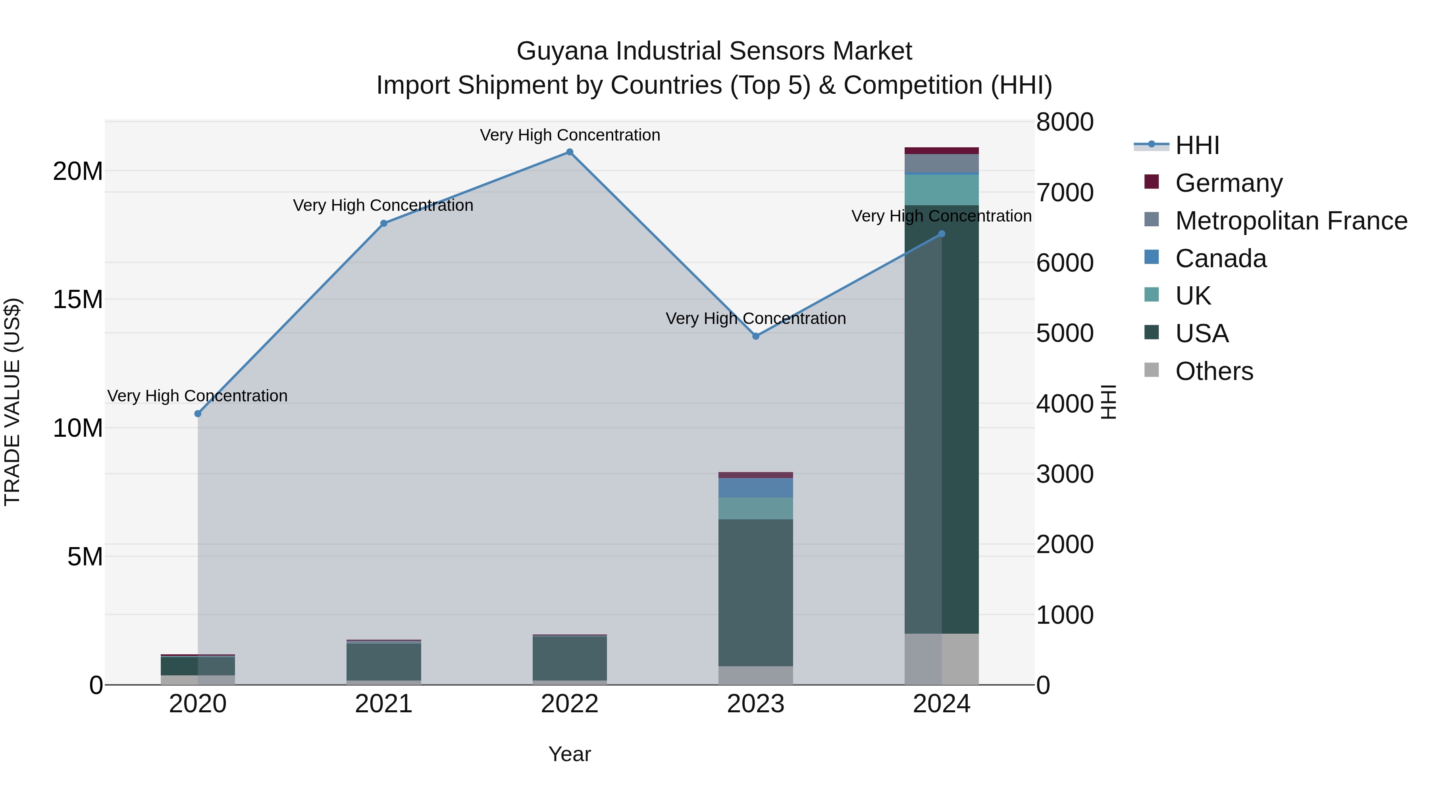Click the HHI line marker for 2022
(570, 152)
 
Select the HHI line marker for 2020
(198, 413)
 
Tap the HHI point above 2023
(755, 336)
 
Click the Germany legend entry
(1228, 183)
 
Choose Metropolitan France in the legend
(1291, 221)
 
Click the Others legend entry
(1214, 371)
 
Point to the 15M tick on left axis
(78, 300)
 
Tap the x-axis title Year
(570, 755)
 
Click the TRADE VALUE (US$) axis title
(12, 402)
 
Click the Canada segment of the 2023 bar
(755, 488)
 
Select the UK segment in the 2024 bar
(942, 190)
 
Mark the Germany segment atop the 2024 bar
(942, 151)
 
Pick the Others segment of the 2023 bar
(755, 675)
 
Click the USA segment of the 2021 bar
(383, 661)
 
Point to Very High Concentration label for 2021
(383, 205)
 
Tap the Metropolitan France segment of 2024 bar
(942, 164)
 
